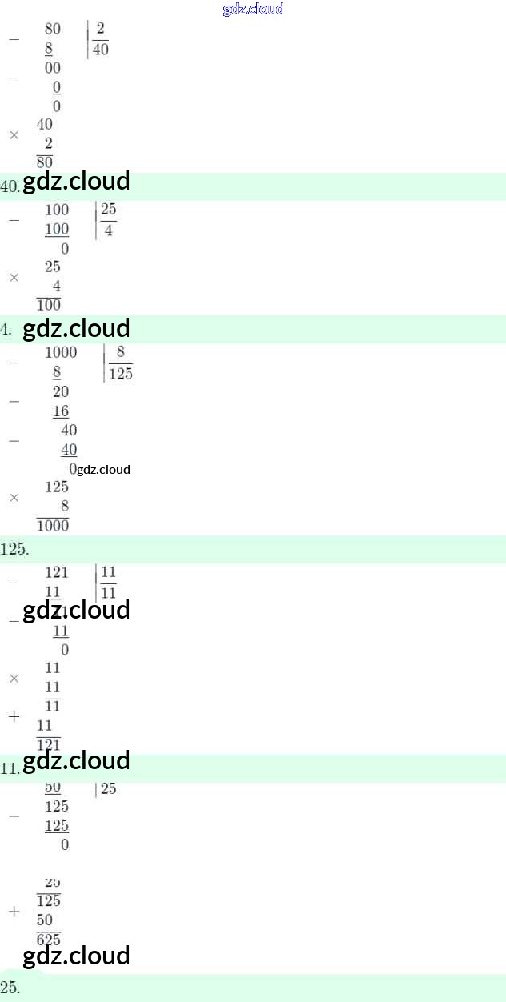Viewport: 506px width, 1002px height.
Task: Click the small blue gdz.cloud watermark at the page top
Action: [x=253, y=10]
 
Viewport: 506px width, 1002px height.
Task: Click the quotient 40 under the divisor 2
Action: [x=101, y=50]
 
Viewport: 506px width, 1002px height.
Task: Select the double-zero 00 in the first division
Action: [x=53, y=69]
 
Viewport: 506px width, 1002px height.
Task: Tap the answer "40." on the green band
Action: [x=10, y=186]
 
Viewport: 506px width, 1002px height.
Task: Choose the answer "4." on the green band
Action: [x=6, y=329]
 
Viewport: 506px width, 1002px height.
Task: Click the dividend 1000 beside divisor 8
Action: [x=61, y=353]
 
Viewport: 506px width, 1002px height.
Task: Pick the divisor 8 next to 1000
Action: [x=121, y=353]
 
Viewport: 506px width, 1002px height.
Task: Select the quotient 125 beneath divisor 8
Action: [x=121, y=374]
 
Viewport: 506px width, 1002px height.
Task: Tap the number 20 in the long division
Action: [x=61, y=392]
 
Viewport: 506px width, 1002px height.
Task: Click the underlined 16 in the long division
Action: [x=61, y=411]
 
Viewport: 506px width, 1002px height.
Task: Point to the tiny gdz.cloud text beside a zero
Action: [x=104, y=470]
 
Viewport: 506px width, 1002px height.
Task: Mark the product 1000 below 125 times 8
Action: [x=53, y=526]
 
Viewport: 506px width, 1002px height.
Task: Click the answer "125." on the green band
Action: [x=14, y=550]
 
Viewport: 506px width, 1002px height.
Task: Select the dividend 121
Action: [x=57, y=572]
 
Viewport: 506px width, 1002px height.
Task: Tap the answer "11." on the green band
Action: [x=10, y=768]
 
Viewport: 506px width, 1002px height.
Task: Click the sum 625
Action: [x=49, y=940]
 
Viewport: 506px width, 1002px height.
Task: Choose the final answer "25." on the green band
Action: [x=10, y=988]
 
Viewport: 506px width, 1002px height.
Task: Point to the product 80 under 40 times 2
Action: [x=45, y=162]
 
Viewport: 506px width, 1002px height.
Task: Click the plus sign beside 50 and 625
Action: [x=14, y=912]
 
